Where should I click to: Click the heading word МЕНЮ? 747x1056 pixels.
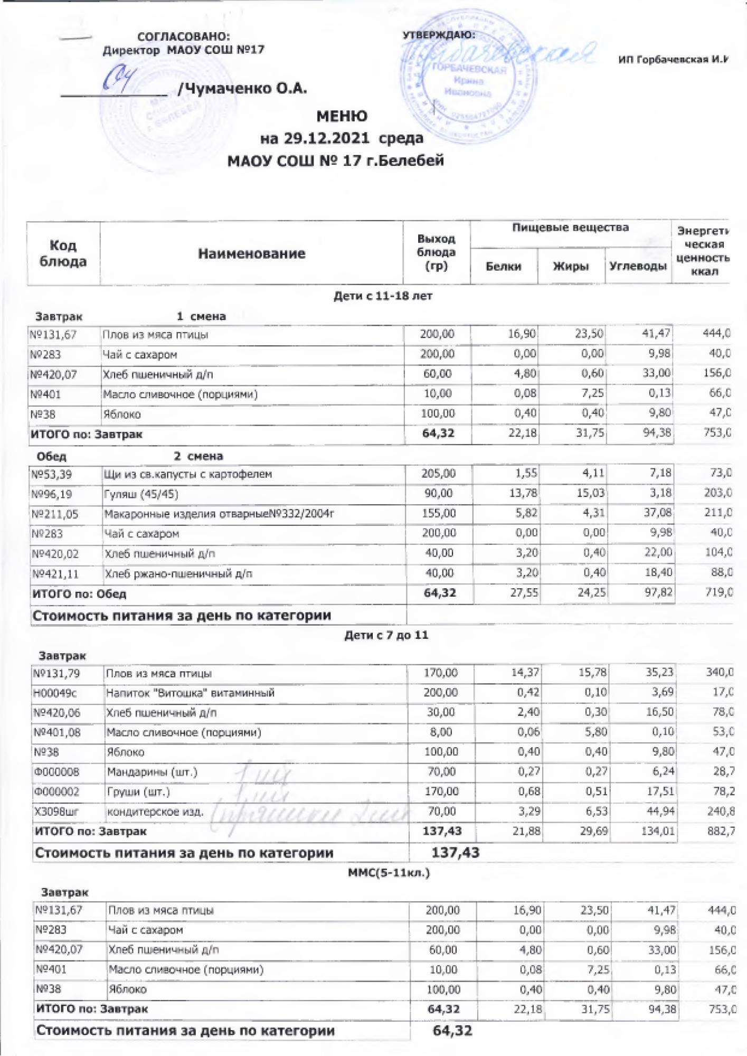click(x=342, y=116)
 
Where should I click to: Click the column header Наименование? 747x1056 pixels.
click(x=251, y=254)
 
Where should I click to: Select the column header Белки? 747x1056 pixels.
click(x=503, y=267)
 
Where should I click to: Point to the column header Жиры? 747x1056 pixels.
click(x=570, y=267)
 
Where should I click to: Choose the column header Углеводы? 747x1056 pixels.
click(x=637, y=267)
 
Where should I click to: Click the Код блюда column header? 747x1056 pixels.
click(x=63, y=253)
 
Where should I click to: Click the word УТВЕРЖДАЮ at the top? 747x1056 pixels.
click(x=438, y=35)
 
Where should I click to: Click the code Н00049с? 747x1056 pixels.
click(x=54, y=693)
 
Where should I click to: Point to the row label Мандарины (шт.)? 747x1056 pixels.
click(x=152, y=772)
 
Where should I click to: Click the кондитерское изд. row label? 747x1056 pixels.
click(x=155, y=812)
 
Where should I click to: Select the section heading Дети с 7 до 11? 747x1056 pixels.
click(x=386, y=635)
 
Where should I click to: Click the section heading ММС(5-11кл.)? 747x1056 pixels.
click(x=389, y=872)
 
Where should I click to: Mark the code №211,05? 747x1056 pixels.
click(x=55, y=514)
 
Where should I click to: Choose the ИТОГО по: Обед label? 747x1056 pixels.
click(x=79, y=593)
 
